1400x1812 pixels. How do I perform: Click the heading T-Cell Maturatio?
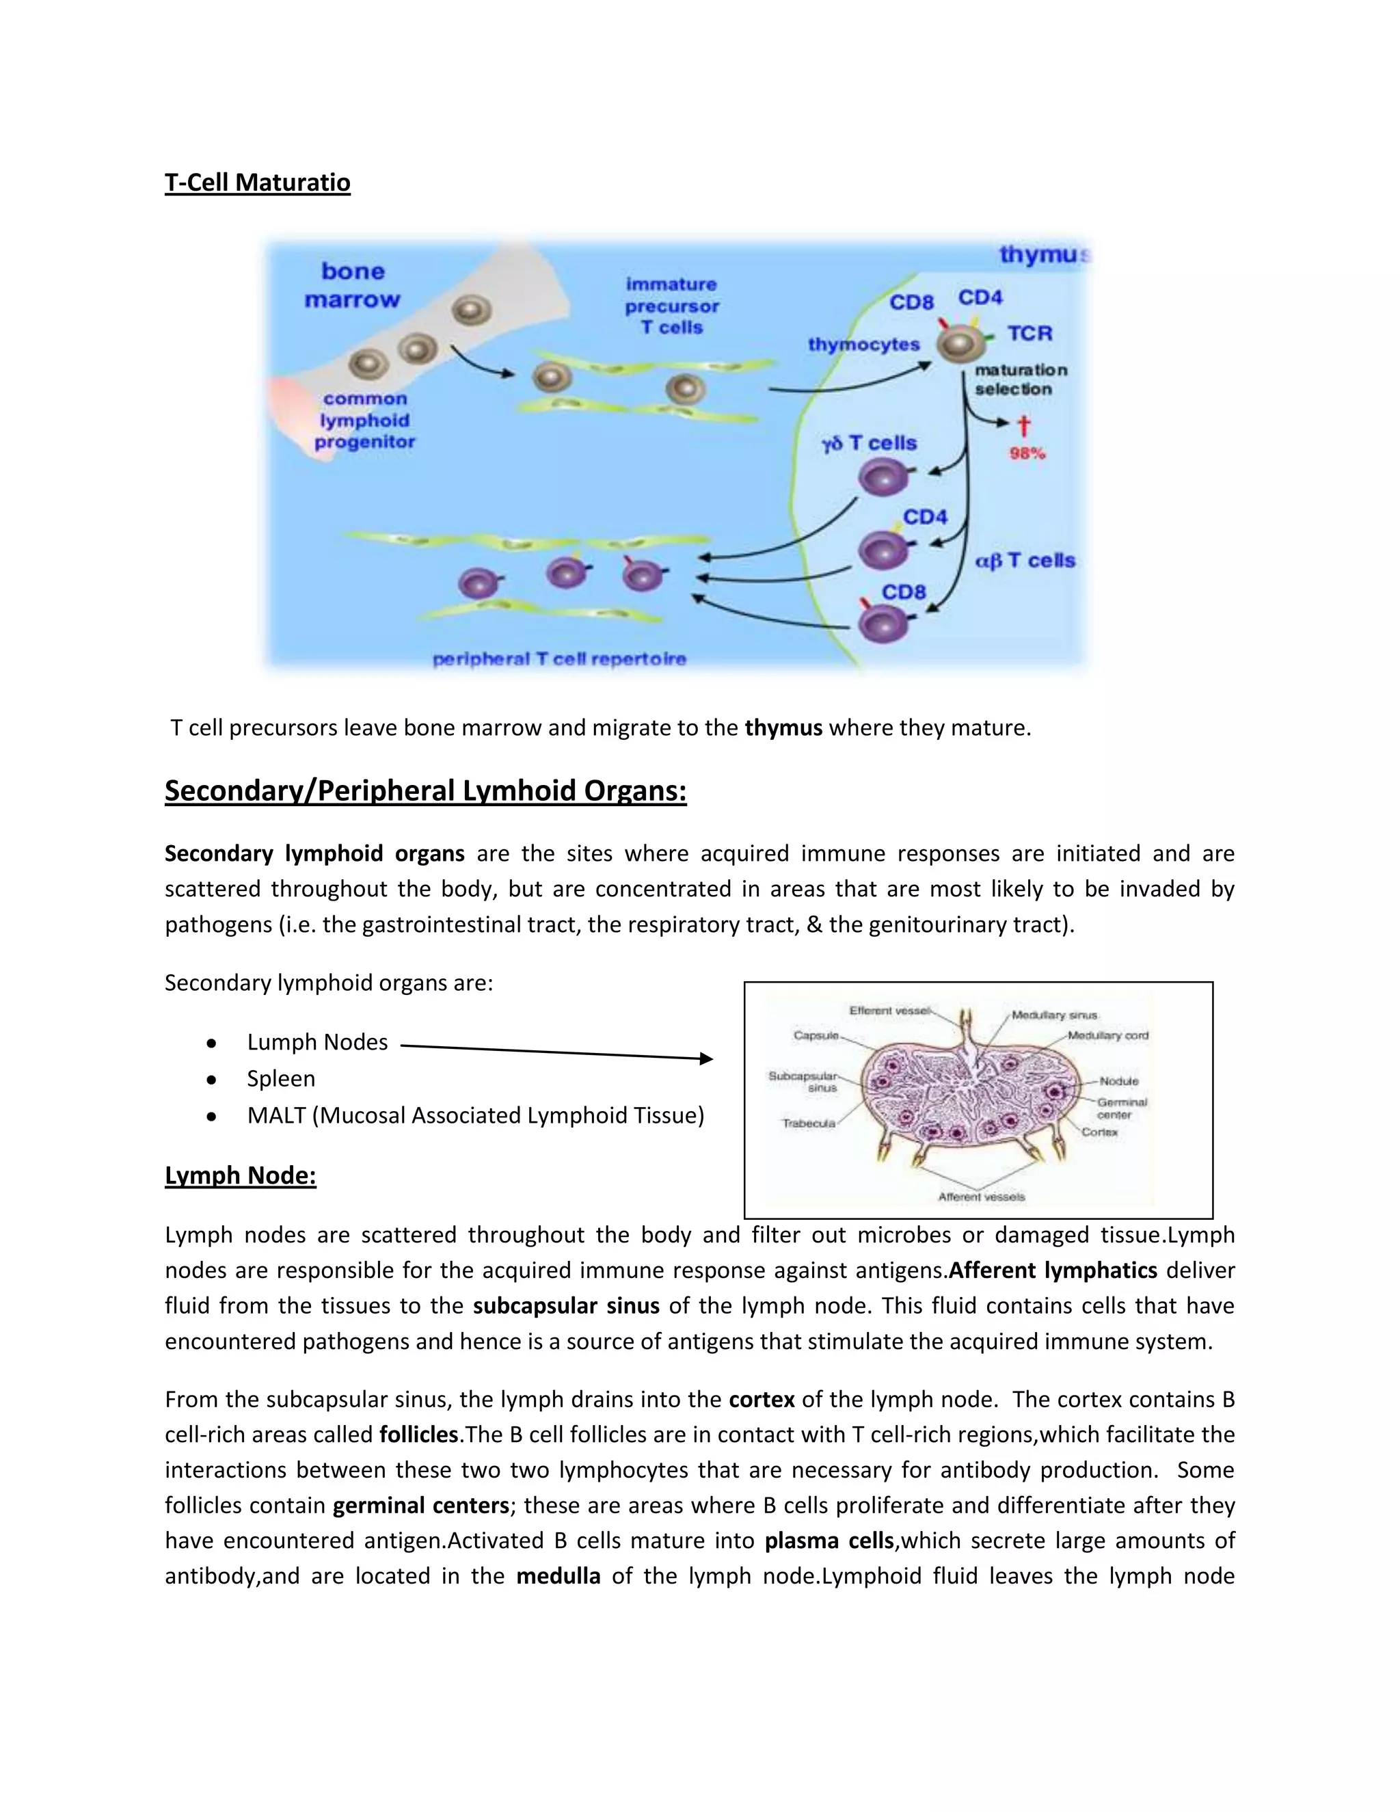[257, 183]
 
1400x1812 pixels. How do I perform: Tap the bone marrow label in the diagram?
[353, 285]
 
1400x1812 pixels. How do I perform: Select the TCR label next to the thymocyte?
[1029, 334]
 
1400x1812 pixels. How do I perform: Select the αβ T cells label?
[1025, 561]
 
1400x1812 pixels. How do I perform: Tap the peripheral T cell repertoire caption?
[560, 660]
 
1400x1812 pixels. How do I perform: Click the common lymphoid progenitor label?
[365, 421]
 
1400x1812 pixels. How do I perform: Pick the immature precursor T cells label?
[672, 306]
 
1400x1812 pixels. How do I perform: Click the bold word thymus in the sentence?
[783, 728]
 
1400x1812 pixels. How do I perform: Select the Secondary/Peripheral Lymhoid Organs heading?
[425, 790]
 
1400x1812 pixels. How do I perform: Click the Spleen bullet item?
[281, 1078]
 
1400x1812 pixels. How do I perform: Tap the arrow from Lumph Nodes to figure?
[556, 1052]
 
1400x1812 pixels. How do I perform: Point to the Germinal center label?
[1121, 1108]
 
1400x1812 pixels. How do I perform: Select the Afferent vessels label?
[981, 1197]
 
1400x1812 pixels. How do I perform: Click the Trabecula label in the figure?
[808, 1123]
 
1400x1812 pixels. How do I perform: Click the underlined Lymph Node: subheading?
[241, 1175]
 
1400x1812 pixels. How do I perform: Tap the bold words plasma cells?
[829, 1541]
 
